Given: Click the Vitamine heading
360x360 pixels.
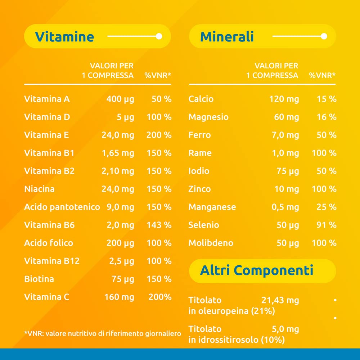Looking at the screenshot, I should click(64, 37).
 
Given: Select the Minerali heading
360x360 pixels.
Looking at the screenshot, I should click(227, 37).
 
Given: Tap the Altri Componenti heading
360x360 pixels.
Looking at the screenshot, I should click(257, 270).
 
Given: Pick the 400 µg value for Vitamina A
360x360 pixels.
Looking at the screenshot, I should click(120, 99).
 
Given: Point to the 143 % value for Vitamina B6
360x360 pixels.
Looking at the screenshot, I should click(159, 225).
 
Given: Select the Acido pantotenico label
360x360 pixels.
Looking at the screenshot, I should click(62, 207).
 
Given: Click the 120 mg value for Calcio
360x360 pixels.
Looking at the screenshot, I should click(284, 99).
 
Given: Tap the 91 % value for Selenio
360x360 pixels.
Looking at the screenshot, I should click(327, 225).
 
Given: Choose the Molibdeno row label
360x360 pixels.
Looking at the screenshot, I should click(211, 243).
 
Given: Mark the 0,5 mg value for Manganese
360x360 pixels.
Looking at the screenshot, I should click(287, 207).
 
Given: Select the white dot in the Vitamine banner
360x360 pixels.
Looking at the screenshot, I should click(159, 36).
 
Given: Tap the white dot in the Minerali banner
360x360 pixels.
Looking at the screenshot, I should click(324, 36).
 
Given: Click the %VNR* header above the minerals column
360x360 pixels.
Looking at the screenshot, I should click(322, 76).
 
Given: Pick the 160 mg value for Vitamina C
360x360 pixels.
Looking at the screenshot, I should click(119, 297).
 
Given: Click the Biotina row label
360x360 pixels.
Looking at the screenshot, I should click(39, 279).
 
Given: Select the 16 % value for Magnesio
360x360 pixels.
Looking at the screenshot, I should click(327, 117).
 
